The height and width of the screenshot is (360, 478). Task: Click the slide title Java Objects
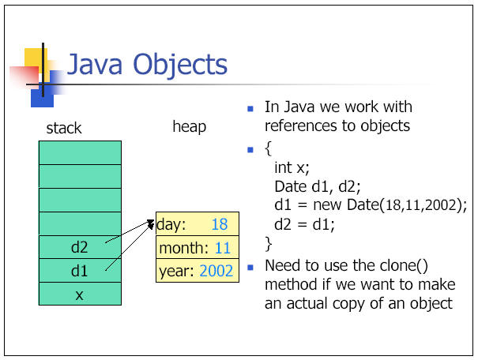point(147,64)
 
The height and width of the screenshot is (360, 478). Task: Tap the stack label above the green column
point(64,128)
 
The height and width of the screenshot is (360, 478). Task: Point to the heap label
point(190,126)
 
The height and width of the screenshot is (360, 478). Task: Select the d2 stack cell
point(80,247)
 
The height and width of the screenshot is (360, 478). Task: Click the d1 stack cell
point(80,271)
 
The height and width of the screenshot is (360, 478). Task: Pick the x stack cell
point(80,294)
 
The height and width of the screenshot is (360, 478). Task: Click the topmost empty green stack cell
point(80,152)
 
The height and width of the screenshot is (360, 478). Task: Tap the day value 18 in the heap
point(220,224)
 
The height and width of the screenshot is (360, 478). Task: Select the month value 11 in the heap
point(223,248)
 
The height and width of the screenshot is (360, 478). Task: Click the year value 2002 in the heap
point(216,271)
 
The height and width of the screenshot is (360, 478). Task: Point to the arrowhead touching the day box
point(151,224)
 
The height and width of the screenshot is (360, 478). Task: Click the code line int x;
point(292,168)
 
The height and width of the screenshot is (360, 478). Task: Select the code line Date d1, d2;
point(318,186)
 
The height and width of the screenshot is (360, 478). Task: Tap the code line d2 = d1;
point(304,225)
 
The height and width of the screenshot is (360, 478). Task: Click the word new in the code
point(327,205)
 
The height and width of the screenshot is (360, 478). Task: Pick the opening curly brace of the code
point(269,149)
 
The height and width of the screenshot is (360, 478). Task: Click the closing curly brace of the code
point(269,244)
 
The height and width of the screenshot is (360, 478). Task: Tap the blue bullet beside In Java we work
point(250,109)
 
